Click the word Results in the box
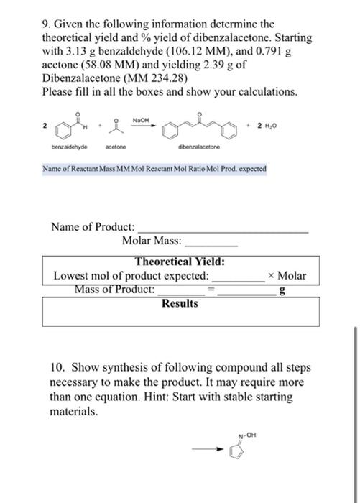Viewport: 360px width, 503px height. (x=180, y=304)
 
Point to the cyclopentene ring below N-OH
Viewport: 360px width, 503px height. (x=239, y=453)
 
